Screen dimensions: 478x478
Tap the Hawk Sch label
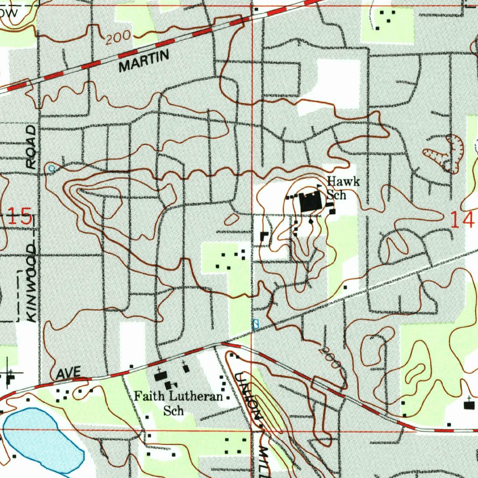pos(343,188)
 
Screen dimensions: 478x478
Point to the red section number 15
pos(21,218)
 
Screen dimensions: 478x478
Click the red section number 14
pos(462,219)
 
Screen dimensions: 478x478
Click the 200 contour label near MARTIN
pos(116,38)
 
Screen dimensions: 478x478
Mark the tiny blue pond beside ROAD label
pos(51,168)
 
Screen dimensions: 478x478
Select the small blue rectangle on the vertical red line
pos(255,324)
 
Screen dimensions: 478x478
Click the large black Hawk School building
pos(309,203)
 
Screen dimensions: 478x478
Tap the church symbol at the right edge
pos(469,404)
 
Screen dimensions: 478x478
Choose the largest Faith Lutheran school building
pos(161,376)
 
